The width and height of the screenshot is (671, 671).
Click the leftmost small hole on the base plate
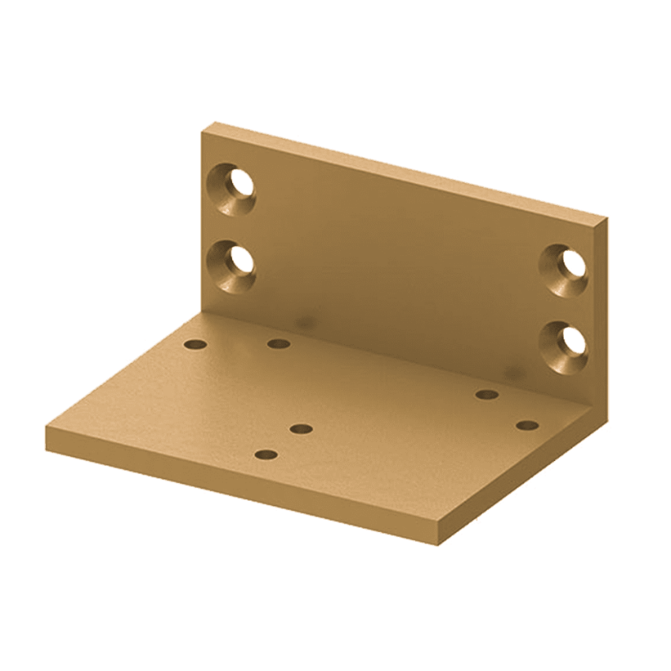pos(194,345)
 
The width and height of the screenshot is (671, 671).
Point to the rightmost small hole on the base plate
pos(527,425)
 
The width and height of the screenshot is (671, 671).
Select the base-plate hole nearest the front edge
pos(267,455)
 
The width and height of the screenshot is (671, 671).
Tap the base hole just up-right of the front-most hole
pos(302,429)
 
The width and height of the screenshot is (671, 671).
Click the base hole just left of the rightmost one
pos(487,394)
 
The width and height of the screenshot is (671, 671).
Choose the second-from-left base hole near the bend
pos(278,343)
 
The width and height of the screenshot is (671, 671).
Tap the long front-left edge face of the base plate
pos(237,497)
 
